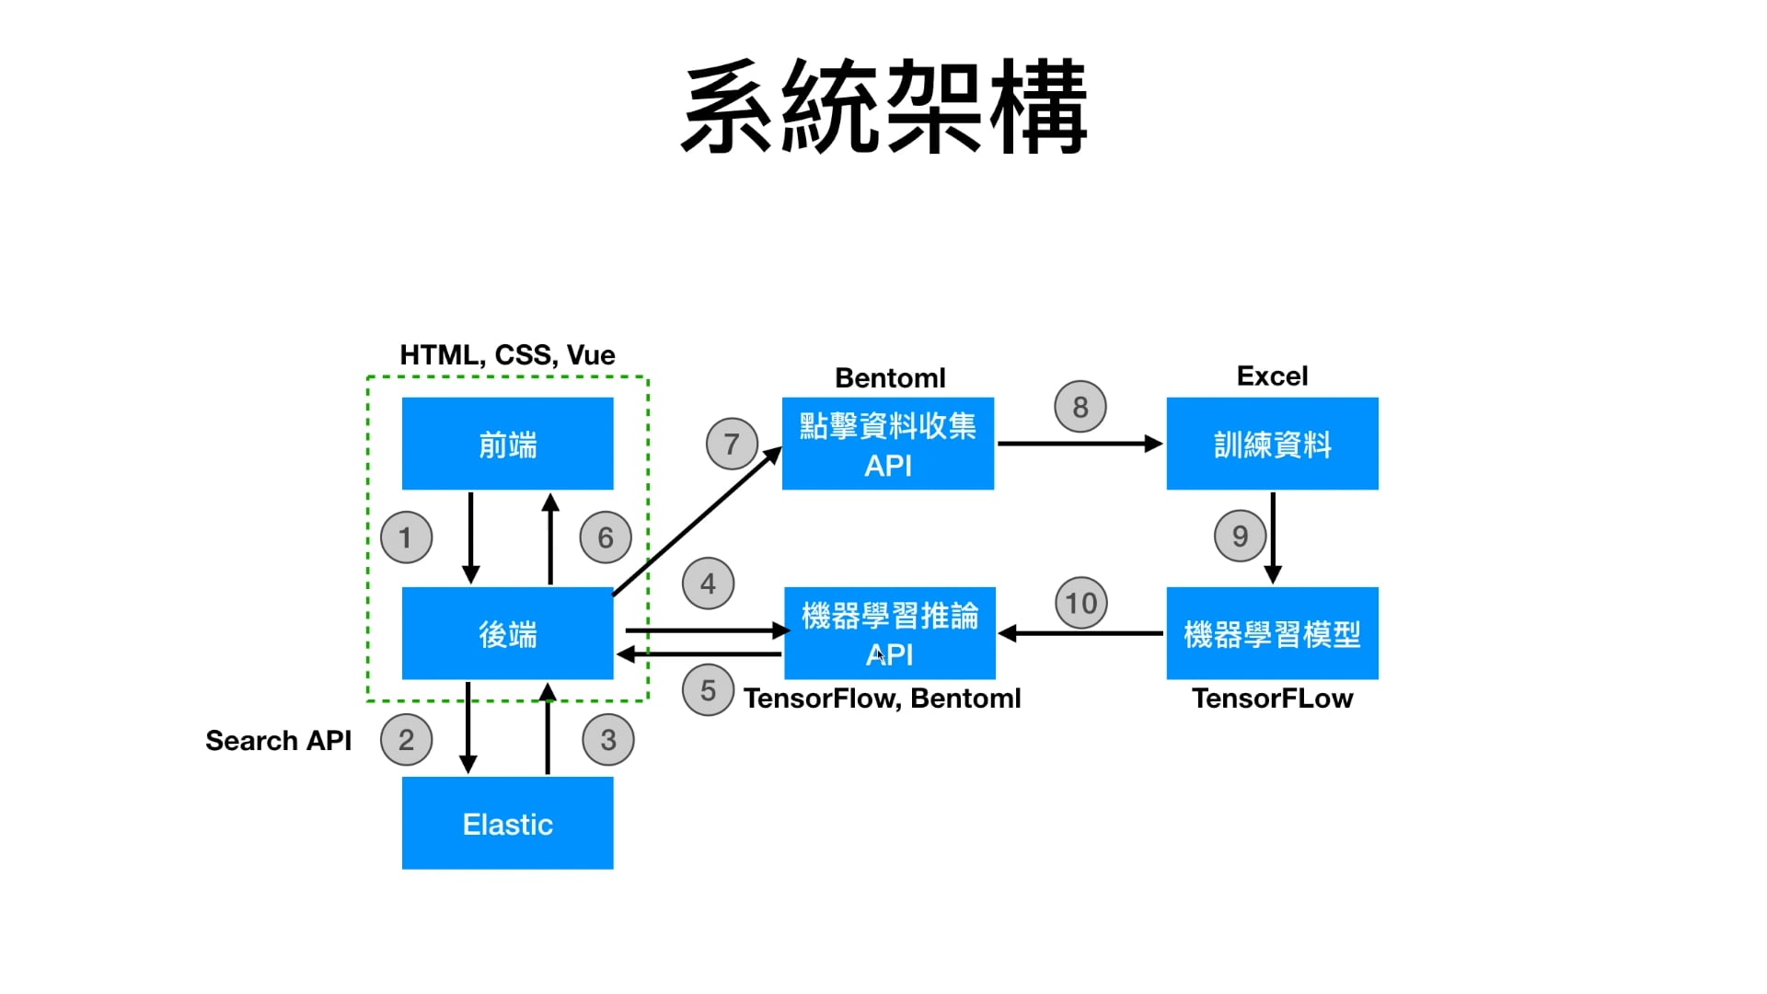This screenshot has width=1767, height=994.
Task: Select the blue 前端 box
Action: coord(507,444)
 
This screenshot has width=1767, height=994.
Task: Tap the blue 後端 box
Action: coord(507,633)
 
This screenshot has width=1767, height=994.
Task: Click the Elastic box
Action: coord(507,823)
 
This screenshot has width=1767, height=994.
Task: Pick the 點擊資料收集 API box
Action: coord(887,444)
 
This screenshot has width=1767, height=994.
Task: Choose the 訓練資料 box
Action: coord(1272,444)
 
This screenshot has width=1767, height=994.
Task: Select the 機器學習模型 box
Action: coord(1272,633)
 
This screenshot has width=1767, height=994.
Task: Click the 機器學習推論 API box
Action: coord(889,633)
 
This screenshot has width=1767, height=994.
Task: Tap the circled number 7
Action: coord(732,445)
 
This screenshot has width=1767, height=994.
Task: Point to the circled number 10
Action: coord(1081,603)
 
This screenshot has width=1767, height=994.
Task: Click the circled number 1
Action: coord(406,537)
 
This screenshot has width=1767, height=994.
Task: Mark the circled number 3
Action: coord(608,740)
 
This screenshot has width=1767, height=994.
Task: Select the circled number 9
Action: coord(1240,536)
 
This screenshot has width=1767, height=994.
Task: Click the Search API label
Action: coord(278,741)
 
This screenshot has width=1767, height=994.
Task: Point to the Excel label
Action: coord(1272,376)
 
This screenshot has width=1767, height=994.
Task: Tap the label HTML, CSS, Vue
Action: coord(507,355)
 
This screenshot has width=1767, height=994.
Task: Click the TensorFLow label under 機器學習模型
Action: coord(1272,699)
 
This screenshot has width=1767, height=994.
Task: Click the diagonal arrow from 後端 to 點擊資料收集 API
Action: coord(697,521)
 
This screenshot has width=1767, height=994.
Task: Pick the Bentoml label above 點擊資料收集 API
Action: coord(890,378)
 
